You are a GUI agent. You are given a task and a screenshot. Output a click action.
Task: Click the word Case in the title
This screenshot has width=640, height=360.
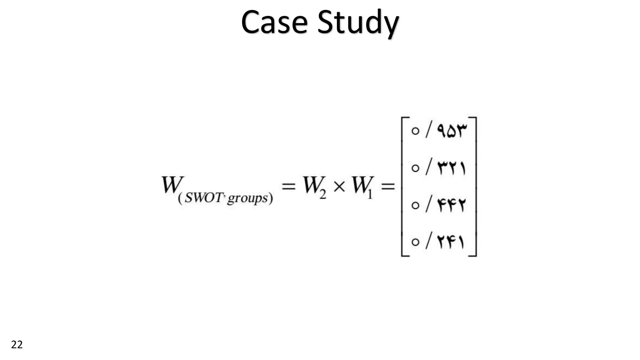(x=274, y=22)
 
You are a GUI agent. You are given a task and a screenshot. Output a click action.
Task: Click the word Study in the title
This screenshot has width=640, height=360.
(x=358, y=24)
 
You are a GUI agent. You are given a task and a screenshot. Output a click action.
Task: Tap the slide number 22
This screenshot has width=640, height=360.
(x=17, y=345)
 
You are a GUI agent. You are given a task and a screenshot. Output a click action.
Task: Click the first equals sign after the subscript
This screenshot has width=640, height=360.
(x=288, y=187)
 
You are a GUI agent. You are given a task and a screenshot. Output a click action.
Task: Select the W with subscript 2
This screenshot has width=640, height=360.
(x=313, y=186)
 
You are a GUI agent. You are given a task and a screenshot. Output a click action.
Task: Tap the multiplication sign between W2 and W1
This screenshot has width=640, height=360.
(x=339, y=187)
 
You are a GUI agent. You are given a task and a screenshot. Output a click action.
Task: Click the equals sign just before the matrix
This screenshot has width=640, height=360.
(x=388, y=187)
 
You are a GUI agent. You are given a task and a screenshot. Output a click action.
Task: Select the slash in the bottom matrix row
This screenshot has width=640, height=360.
(x=428, y=241)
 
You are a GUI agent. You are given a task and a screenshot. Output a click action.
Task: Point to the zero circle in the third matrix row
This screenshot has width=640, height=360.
(x=415, y=205)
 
